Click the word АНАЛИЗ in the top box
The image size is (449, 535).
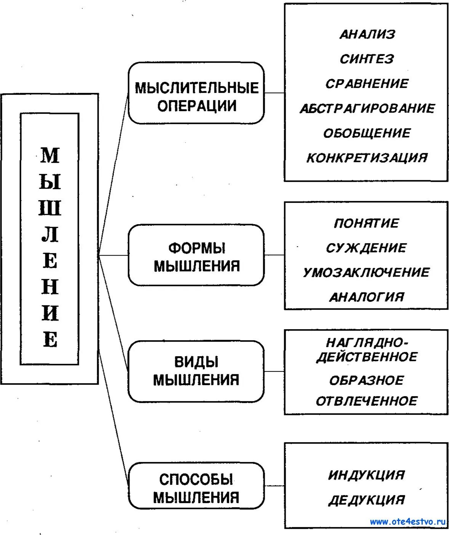[367, 35]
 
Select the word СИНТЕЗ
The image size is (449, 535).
[367, 59]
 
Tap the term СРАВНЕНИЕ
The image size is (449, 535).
[367, 84]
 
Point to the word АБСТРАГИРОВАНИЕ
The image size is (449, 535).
[367, 108]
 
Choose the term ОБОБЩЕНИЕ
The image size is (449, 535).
[367, 133]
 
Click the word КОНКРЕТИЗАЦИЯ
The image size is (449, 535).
[367, 158]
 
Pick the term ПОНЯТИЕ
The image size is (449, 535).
[366, 223]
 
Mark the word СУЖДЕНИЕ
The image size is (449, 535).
[366, 248]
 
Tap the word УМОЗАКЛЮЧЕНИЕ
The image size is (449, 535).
[366, 272]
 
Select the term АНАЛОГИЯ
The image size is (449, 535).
[366, 297]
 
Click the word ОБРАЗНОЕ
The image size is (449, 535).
[366, 380]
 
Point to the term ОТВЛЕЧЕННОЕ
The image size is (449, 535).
[366, 401]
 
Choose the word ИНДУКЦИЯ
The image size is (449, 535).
[366, 475]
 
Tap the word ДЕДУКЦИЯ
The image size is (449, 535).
[366, 500]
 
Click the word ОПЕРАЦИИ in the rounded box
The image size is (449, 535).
[197, 106]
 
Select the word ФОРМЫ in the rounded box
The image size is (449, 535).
[197, 248]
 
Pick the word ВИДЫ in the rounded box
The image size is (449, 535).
[197, 362]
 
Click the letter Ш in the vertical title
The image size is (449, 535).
[50, 209]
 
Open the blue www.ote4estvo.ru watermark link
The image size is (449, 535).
[407, 522]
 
